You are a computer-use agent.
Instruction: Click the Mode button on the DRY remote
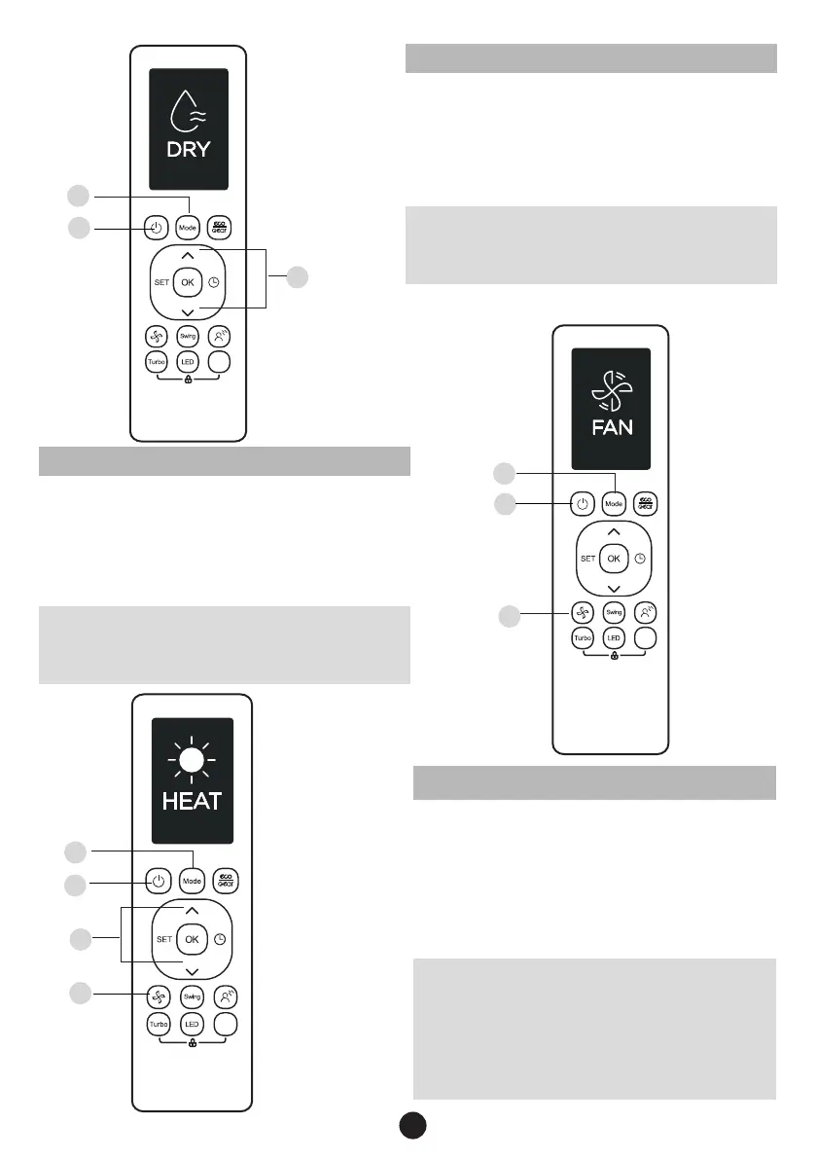(188, 228)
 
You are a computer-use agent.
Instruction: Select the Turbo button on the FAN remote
(582, 638)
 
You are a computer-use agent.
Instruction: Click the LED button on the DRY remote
(188, 361)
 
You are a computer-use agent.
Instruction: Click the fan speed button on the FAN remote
(582, 612)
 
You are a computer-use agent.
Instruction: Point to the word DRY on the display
(188, 151)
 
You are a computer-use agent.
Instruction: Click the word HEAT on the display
(192, 802)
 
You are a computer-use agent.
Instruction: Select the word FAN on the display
(612, 427)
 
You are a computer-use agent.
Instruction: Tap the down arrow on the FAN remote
(612, 589)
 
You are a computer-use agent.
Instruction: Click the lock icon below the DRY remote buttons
(187, 378)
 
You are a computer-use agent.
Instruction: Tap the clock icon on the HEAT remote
(220, 940)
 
